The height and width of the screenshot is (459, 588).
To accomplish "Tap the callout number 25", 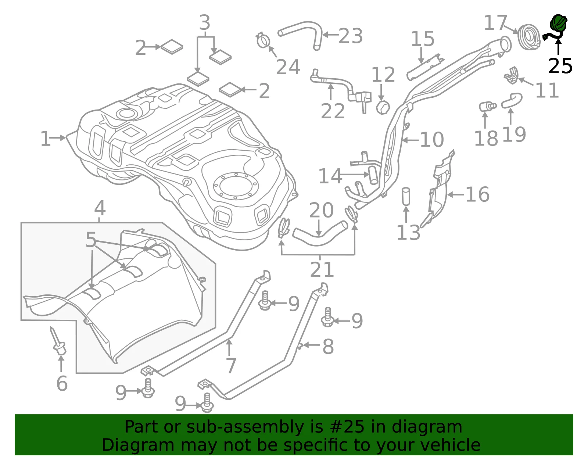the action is pyautogui.click(x=560, y=66).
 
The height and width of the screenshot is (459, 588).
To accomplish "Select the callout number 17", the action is pyautogui.click(x=495, y=23).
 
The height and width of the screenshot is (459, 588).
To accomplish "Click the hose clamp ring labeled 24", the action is pyautogui.click(x=263, y=40).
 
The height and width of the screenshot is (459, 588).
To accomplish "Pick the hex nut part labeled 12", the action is pyautogui.click(x=383, y=107).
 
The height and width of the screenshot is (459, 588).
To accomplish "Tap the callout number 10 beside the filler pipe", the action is pyautogui.click(x=432, y=140).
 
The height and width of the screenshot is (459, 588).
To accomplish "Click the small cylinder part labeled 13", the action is pyautogui.click(x=406, y=196).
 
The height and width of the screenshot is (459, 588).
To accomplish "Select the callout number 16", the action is pyautogui.click(x=478, y=194).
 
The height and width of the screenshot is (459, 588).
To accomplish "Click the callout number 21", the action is pyautogui.click(x=322, y=269).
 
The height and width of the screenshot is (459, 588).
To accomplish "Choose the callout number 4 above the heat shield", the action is pyautogui.click(x=100, y=208).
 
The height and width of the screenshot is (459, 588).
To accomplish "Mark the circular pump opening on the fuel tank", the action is pyautogui.click(x=236, y=186).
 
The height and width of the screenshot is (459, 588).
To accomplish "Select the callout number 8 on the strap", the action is pyautogui.click(x=328, y=347).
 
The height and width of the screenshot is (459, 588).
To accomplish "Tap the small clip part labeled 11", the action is pyautogui.click(x=511, y=75).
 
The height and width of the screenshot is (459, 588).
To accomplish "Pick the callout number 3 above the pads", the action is pyautogui.click(x=205, y=22).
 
